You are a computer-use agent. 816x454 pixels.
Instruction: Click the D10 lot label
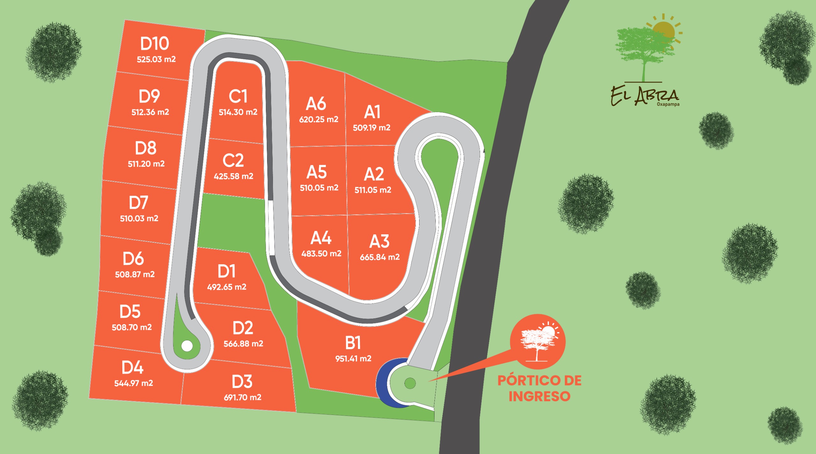click(x=155, y=44)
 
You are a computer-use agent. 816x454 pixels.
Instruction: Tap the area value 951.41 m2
click(x=353, y=358)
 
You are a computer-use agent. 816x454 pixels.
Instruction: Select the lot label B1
click(x=353, y=343)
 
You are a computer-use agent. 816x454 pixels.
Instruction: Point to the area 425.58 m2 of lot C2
click(x=233, y=176)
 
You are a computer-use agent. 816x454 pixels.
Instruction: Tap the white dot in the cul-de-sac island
click(x=187, y=346)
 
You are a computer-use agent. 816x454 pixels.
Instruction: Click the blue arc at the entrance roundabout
click(x=382, y=384)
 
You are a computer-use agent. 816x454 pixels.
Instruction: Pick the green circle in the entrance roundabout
click(x=410, y=383)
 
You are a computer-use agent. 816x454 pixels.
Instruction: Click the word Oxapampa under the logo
click(x=668, y=104)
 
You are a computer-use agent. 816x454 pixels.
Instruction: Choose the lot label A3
click(x=379, y=241)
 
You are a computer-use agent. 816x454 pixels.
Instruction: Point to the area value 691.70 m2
click(x=242, y=397)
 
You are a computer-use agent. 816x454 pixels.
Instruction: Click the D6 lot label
click(x=133, y=259)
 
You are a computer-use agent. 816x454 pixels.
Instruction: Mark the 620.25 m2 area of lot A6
click(x=318, y=119)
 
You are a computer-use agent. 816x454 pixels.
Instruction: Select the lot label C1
click(x=238, y=96)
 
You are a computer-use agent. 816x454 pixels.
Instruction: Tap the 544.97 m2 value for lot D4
click(x=134, y=383)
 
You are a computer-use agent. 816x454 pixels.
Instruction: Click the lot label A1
click(x=372, y=112)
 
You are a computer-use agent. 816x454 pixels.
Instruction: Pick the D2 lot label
click(x=243, y=328)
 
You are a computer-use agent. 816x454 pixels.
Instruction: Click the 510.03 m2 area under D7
click(x=139, y=218)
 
